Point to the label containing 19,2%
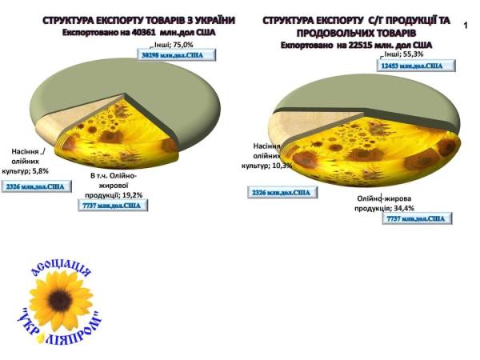[119, 185]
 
